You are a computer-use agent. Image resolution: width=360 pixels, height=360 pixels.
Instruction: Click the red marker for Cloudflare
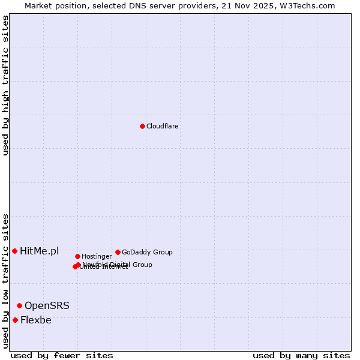click(x=142, y=126)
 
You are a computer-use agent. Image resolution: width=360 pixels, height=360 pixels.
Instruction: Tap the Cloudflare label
click(x=162, y=127)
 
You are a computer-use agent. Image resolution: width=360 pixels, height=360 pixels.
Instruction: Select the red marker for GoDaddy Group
click(x=118, y=252)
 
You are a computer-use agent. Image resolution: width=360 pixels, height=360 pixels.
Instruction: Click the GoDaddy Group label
click(x=147, y=253)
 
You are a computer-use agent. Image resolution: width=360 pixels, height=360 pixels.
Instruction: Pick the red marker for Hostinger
click(x=77, y=256)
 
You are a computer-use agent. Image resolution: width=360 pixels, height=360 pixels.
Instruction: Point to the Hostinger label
click(x=97, y=257)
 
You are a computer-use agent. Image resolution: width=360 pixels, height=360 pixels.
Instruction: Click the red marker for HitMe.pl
click(x=14, y=251)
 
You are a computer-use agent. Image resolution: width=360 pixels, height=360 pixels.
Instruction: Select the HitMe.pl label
click(x=40, y=251)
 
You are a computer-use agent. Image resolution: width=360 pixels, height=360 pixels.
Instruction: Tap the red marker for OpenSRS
click(x=19, y=306)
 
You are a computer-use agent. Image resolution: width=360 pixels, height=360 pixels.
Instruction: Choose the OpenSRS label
click(x=47, y=306)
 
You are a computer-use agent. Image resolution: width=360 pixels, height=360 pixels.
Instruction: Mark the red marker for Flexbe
click(x=15, y=320)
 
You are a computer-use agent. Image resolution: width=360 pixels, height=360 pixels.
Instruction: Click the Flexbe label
click(x=36, y=320)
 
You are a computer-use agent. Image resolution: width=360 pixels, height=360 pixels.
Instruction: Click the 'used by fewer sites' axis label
click(x=62, y=356)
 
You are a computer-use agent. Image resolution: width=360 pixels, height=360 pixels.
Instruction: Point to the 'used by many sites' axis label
click(x=301, y=356)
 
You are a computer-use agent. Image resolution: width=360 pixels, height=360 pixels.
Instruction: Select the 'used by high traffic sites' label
click(x=5, y=85)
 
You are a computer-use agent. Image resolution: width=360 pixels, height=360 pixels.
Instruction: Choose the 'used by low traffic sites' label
click(x=5, y=281)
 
